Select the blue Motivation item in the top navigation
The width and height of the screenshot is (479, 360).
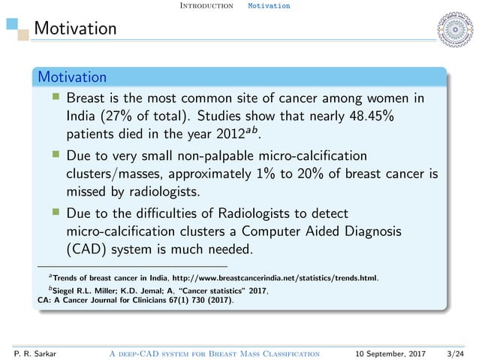point(268,6)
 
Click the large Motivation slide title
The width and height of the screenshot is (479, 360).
point(76,29)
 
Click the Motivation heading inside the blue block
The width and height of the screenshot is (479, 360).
point(72,77)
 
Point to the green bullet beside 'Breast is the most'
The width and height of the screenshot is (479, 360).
point(55,98)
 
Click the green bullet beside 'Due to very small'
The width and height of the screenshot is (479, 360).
point(55,156)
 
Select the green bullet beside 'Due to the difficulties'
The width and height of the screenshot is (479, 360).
point(55,212)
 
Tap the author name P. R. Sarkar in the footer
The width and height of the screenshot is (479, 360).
point(26,352)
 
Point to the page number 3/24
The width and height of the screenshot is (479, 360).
point(453,352)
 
